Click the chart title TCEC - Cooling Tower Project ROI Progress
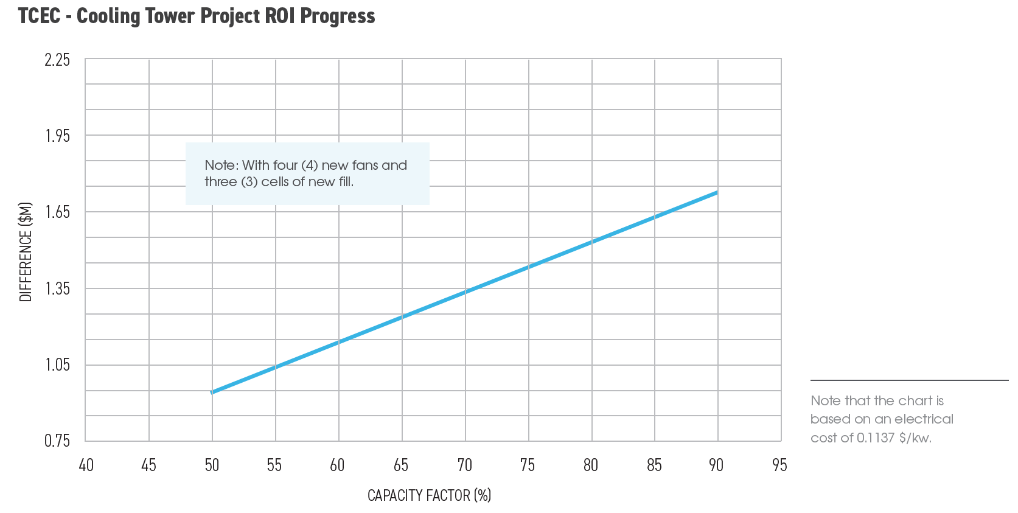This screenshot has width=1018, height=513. (197, 16)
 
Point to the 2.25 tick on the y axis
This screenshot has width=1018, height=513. (57, 60)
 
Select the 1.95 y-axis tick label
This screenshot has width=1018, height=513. (57, 136)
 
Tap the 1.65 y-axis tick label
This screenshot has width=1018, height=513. (57, 212)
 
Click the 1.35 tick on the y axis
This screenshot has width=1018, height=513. (57, 288)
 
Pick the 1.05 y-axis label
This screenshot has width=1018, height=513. (57, 365)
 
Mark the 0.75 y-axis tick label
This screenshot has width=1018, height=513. (57, 441)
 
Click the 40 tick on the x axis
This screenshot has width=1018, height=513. (86, 466)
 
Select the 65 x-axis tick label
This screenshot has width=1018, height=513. (401, 466)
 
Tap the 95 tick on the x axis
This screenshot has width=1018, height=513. (779, 466)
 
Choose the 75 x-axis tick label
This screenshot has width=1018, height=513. (528, 466)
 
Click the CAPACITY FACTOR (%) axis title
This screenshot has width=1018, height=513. (429, 495)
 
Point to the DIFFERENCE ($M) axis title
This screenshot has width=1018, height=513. (26, 251)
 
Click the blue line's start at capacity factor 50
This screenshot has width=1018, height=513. (212, 393)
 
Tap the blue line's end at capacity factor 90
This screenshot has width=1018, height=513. (717, 192)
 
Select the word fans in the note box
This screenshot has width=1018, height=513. (364, 166)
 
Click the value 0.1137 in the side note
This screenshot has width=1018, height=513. (875, 438)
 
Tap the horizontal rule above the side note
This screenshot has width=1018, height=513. (909, 380)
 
